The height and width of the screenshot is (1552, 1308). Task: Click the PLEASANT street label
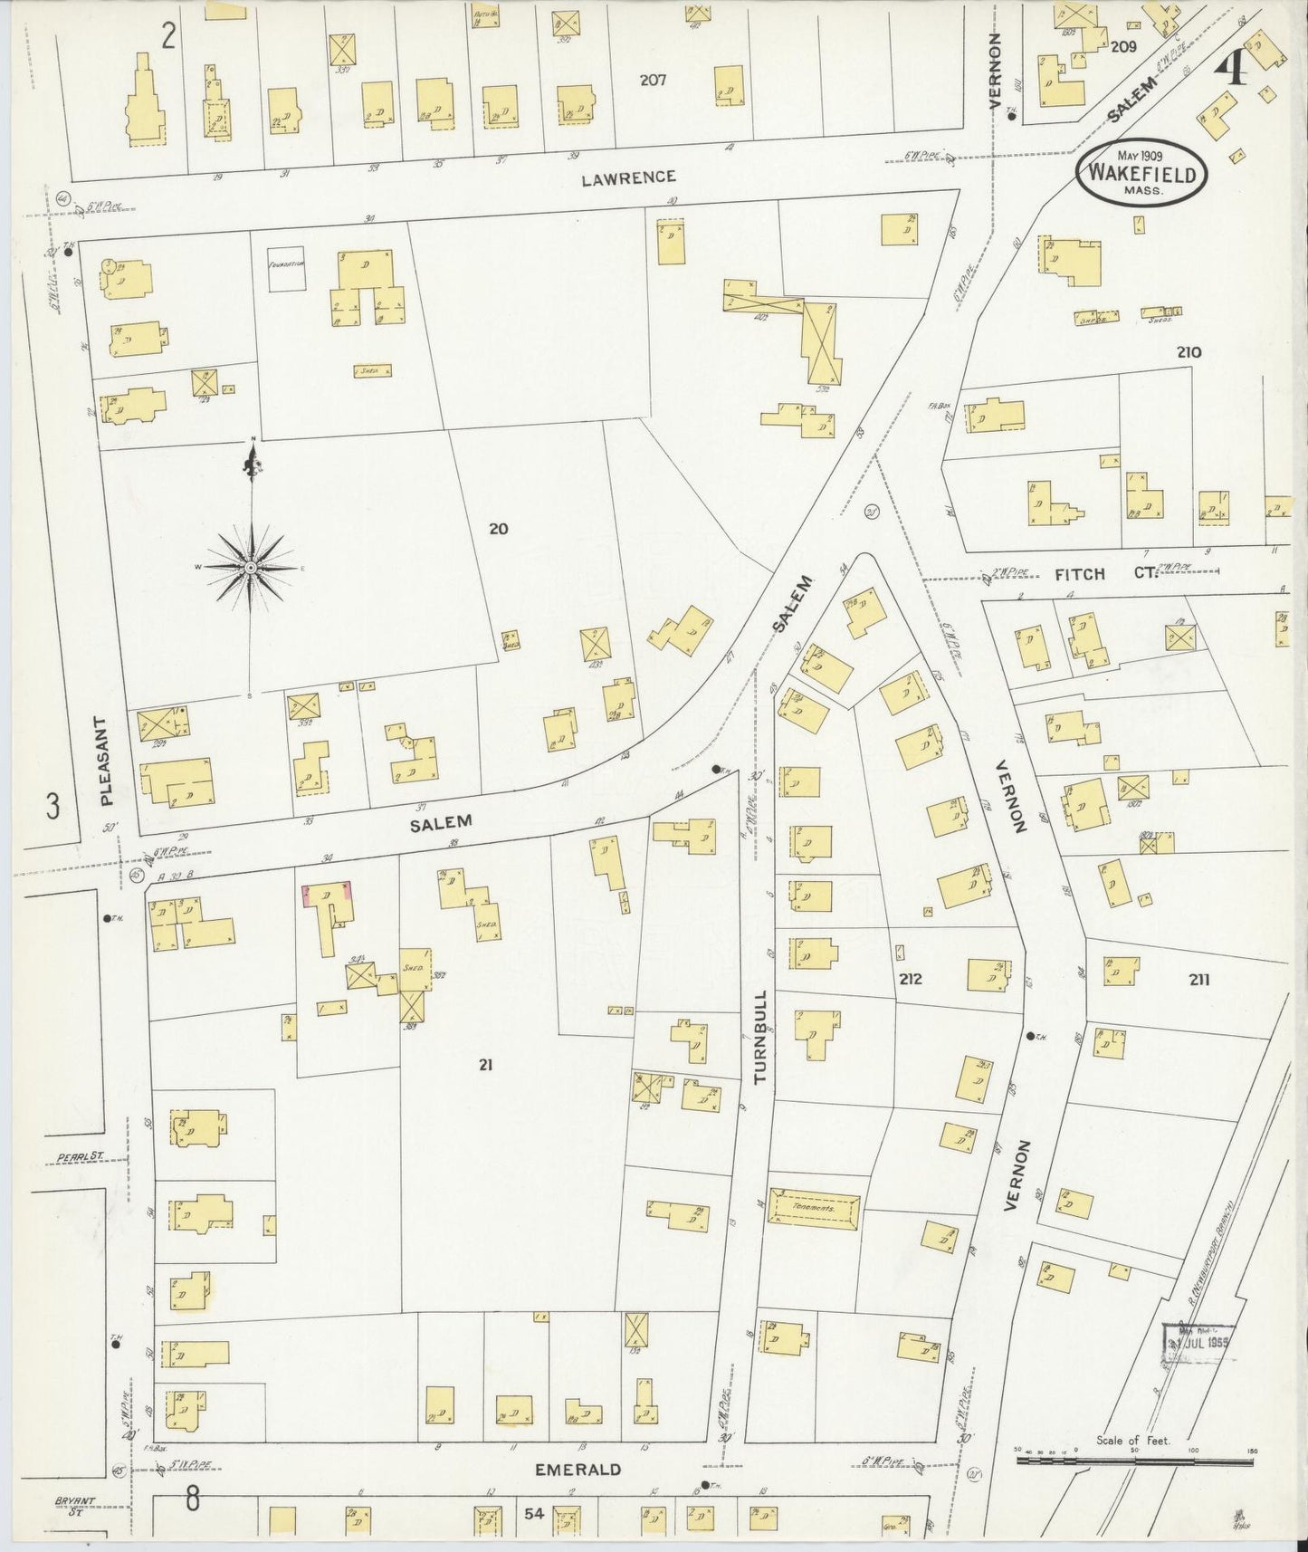[107, 762]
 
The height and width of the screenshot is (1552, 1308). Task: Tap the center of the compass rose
[251, 568]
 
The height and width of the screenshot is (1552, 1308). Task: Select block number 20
[498, 528]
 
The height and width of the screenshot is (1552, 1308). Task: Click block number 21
[485, 1065]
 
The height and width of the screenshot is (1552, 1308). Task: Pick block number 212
[911, 979]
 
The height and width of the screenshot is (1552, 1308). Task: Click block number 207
[653, 80]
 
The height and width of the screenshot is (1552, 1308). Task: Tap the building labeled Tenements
[814, 1208]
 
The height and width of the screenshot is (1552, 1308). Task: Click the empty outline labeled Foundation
[286, 270]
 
